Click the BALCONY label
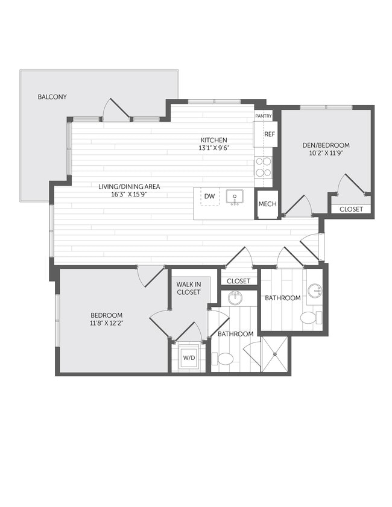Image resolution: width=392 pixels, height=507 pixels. click(52, 96)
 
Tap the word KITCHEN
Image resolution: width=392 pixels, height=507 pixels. click(214, 140)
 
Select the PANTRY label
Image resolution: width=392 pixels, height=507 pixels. click(264, 116)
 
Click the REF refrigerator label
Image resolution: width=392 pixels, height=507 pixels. click(269, 134)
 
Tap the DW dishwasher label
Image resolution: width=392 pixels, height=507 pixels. click(209, 197)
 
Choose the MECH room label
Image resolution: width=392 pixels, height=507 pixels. click(267, 204)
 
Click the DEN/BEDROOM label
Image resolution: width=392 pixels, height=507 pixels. click(326, 145)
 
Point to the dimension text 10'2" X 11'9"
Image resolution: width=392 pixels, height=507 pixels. click(326, 154)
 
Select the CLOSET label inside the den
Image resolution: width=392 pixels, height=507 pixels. click(351, 209)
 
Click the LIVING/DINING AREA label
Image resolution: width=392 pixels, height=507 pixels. click(130, 186)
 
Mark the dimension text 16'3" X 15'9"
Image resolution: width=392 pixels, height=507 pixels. click(130, 195)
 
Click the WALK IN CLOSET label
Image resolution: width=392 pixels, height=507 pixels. click(189, 288)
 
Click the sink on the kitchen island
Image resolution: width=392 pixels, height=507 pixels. click(235, 197)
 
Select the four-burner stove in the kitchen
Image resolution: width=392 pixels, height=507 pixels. click(263, 167)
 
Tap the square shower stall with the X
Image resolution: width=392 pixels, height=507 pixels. click(274, 354)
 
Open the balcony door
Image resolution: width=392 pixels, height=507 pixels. click(116, 110)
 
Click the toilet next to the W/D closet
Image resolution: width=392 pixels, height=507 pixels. click(225, 359)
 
